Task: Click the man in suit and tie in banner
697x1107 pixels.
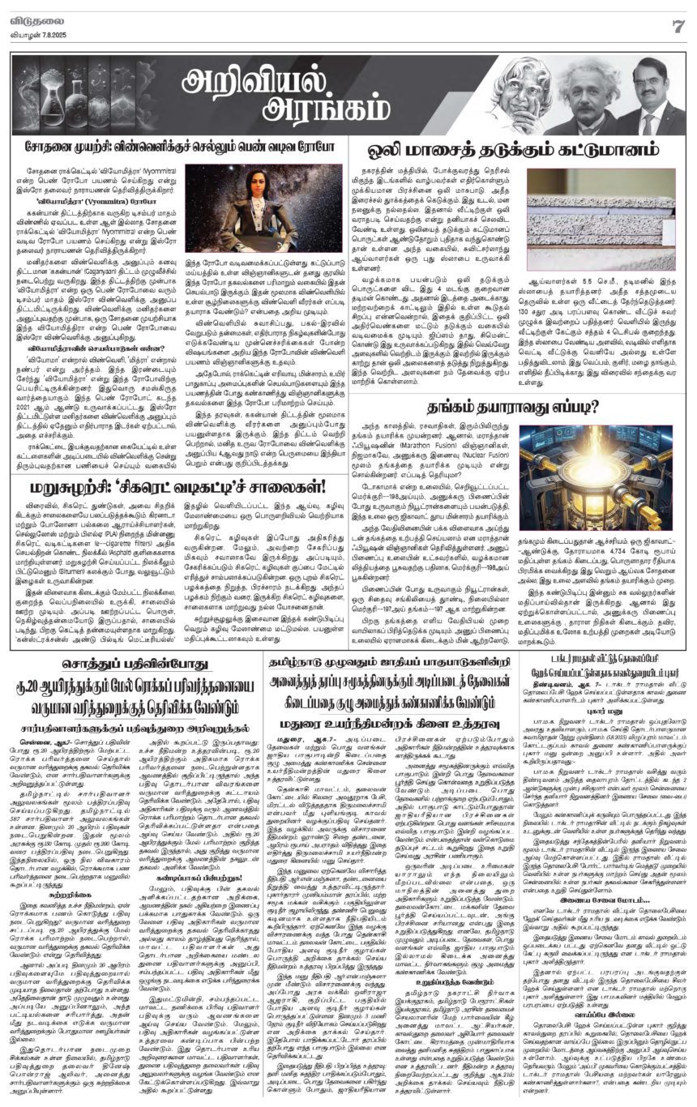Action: pyautogui.click(x=652, y=97)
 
